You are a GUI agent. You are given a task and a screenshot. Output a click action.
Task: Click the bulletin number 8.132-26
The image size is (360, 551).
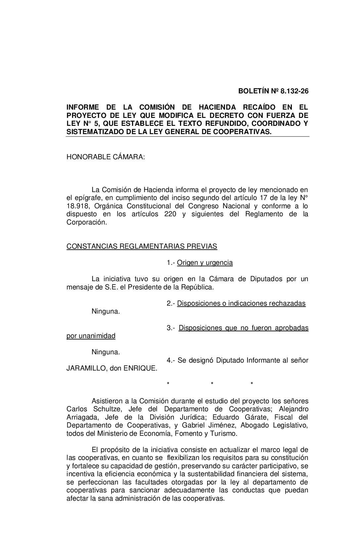pyautogui.click(x=294, y=91)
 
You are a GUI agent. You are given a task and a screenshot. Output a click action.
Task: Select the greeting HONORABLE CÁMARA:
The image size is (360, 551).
pyautogui.click(x=106, y=157)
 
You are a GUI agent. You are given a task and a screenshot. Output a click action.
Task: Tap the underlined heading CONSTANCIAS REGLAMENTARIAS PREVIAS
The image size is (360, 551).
pyautogui.click(x=142, y=246)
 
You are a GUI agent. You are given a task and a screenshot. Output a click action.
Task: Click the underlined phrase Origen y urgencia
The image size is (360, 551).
pyautogui.click(x=205, y=263)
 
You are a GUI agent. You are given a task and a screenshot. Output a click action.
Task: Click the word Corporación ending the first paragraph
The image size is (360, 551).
pyautogui.click(x=87, y=222)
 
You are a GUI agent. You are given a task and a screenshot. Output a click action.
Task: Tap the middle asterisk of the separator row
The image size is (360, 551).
pyautogui.click(x=212, y=384)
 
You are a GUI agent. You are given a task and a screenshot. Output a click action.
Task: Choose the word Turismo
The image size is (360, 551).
pyautogui.click(x=225, y=433)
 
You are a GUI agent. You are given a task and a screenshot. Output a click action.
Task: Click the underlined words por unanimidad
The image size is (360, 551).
pyautogui.click(x=91, y=336)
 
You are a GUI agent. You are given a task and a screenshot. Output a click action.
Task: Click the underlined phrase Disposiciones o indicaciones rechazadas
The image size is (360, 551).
pyautogui.click(x=241, y=303)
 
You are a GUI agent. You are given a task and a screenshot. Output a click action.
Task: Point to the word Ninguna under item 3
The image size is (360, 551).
pyautogui.click(x=106, y=352)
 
